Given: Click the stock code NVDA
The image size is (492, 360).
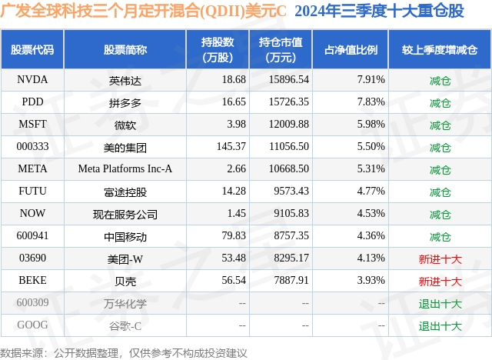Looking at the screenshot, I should (x=32, y=79).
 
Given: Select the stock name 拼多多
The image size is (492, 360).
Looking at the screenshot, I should (x=125, y=102).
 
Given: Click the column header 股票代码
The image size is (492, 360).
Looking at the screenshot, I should (x=32, y=49).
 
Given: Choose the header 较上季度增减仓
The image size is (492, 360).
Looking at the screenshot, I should (x=440, y=49).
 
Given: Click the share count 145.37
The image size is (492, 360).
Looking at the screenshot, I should (x=231, y=146).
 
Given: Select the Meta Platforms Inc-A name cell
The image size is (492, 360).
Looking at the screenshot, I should (x=125, y=168).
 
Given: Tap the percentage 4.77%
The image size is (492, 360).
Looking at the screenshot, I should (x=371, y=192).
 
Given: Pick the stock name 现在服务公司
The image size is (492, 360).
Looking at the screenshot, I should (x=125, y=214).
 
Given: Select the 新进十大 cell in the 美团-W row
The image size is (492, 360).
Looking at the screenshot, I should (x=440, y=259).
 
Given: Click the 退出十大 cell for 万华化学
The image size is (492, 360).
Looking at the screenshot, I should (x=440, y=304).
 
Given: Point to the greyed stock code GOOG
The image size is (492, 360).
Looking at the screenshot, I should (x=32, y=326).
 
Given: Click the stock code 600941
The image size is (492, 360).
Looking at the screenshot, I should (x=32, y=236).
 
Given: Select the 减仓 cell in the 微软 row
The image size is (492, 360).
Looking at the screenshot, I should (x=440, y=124).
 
